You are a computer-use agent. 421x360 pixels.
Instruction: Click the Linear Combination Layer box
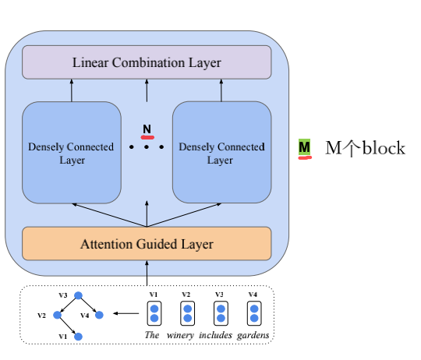[147, 62]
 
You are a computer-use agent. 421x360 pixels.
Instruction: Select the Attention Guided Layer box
[147, 244]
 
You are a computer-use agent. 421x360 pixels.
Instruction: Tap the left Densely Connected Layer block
[71, 153]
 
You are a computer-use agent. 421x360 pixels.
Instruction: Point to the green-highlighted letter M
[305, 147]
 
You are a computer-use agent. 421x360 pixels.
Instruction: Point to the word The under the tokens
[154, 335]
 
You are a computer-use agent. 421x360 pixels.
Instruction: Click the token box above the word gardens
[253, 313]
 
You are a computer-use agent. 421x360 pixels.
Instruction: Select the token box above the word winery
[186, 313]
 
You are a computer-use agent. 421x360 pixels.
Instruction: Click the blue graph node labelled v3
[76, 296]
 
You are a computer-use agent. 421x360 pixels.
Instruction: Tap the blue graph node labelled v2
[56, 315]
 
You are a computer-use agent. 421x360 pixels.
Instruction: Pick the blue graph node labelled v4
[99, 315]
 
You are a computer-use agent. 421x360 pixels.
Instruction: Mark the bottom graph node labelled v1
[78, 336]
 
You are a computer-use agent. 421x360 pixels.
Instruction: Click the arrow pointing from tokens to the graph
[126, 314]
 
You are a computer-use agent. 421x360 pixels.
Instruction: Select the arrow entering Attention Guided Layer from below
[147, 273]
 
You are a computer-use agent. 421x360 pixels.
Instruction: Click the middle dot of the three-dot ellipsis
[147, 146]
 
